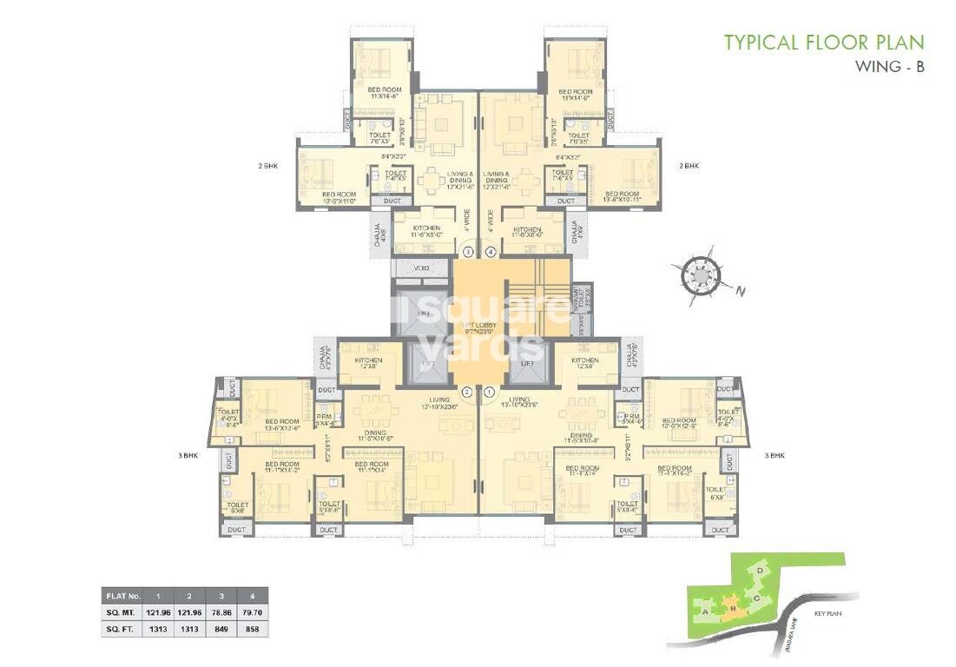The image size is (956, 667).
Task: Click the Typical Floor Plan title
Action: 824,42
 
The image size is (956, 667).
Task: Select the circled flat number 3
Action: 467,253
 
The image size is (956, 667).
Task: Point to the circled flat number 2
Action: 467,392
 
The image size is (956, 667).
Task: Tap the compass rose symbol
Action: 700,274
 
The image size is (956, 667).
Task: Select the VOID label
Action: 422,268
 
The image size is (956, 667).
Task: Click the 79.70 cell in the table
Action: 253,612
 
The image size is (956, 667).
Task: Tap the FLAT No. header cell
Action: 122,597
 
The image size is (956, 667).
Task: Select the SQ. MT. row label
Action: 122,612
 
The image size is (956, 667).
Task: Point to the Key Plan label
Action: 829,613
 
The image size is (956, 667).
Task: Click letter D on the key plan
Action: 761,570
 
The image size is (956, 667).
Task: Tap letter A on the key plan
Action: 705,610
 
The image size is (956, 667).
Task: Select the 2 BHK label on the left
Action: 267,165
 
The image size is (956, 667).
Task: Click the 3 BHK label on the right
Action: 775,455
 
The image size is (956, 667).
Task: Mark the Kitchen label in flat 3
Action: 421,230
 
